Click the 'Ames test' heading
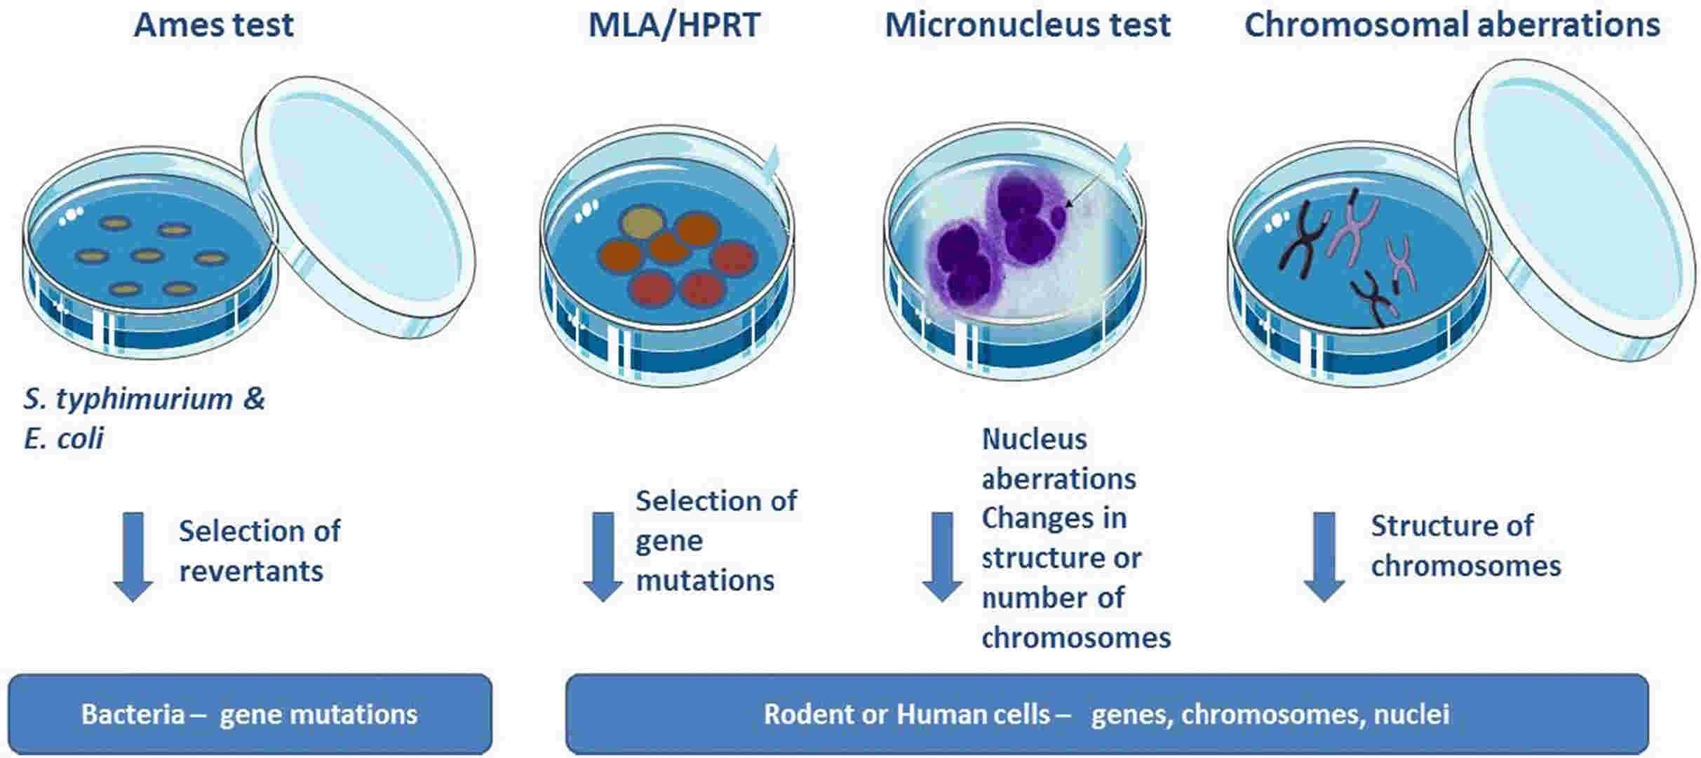pos(214,25)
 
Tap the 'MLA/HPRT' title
pos(674,25)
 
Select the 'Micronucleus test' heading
pos(1028,25)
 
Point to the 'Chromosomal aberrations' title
pos(1452,25)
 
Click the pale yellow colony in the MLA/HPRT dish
pos(642,223)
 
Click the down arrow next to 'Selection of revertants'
pos(133,557)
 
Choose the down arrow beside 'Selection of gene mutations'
pos(603,557)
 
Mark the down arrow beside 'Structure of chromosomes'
pos(1324,557)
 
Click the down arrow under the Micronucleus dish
pos(942,557)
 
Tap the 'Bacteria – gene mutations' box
pos(250,714)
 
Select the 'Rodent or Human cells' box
pos(1107,714)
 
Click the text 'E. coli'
pos(64,439)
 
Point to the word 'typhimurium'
pos(144,399)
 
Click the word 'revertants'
pos(251,571)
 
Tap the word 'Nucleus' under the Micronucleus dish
pos(1035,439)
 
